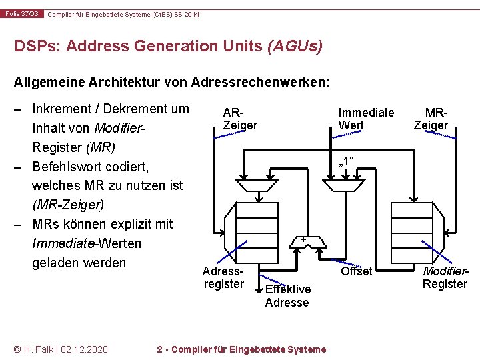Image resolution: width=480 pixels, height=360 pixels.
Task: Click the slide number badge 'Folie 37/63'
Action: tap(23, 14)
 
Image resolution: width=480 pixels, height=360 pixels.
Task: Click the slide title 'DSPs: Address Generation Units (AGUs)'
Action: tap(169, 47)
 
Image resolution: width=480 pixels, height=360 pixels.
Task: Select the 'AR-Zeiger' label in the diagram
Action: tap(239, 119)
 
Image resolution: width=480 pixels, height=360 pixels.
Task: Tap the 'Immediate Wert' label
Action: tap(365, 119)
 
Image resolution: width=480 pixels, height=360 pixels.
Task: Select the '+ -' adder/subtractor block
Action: tap(307, 241)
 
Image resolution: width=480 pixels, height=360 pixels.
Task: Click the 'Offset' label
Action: tap(357, 271)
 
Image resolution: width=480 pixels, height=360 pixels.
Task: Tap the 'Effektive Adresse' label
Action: tap(287, 295)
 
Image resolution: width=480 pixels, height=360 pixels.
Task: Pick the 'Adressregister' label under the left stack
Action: tap(224, 278)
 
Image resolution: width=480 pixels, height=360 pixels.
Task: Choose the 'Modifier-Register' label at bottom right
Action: tap(445, 278)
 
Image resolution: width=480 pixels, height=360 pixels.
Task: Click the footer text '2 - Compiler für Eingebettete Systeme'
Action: tap(241, 349)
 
